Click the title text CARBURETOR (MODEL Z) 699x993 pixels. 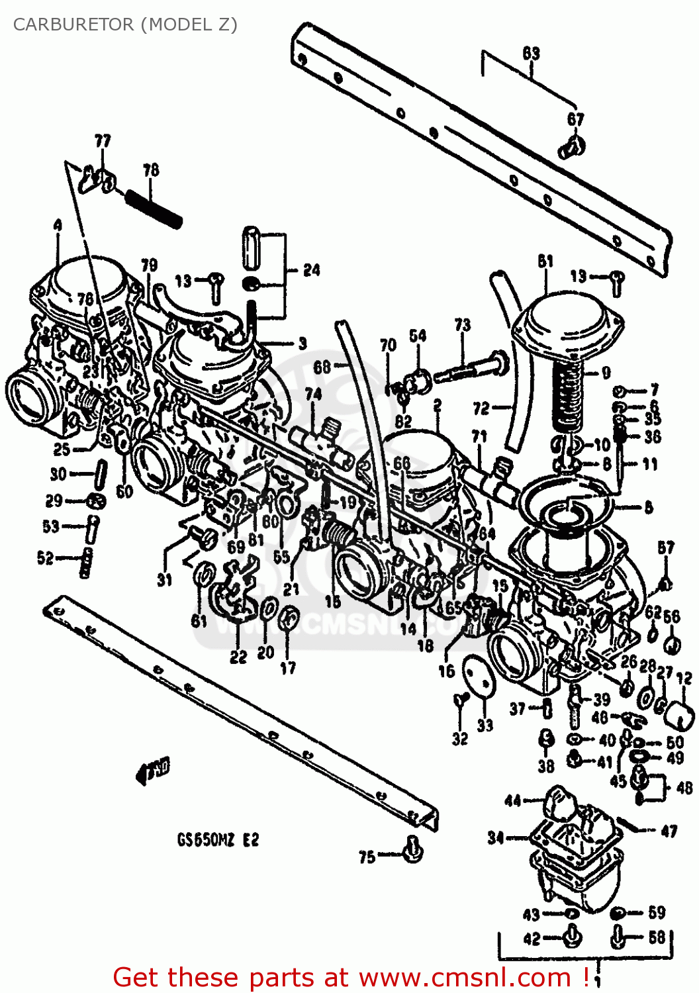click(125, 24)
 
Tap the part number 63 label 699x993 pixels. click(531, 54)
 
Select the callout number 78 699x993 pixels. click(151, 170)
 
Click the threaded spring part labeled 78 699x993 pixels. click(154, 209)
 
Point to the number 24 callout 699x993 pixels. click(311, 270)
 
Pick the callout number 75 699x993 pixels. click(367, 857)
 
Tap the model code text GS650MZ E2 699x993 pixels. click(218, 840)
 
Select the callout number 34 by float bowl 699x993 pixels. click(496, 838)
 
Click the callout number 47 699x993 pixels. click(669, 831)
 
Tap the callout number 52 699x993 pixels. click(45, 558)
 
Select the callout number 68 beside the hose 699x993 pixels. click(322, 366)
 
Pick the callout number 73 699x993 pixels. click(462, 324)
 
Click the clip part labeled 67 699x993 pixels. click(572, 147)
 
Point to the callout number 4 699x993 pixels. click(58, 226)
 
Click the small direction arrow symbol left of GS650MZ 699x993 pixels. click(152, 769)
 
